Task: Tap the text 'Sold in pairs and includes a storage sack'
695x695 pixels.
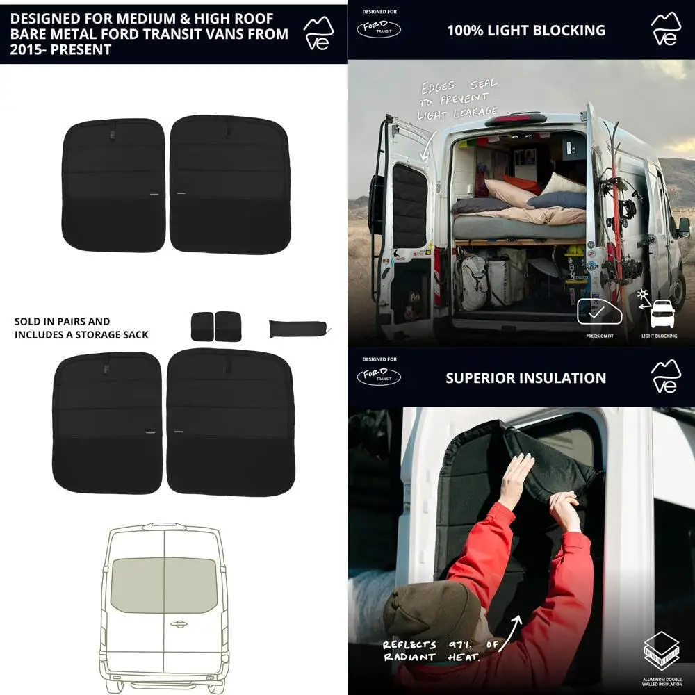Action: click(81, 328)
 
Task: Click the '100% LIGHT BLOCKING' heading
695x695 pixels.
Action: click(525, 31)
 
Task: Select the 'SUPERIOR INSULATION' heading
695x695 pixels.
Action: click(525, 378)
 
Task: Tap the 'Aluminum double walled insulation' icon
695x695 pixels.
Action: click(661, 649)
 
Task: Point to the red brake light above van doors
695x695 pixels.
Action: click(515, 120)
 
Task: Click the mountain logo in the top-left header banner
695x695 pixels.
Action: click(318, 33)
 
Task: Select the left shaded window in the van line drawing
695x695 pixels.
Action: click(138, 584)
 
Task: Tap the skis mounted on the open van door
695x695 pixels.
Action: click(613, 202)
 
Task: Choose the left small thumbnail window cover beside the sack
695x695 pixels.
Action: click(202, 326)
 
